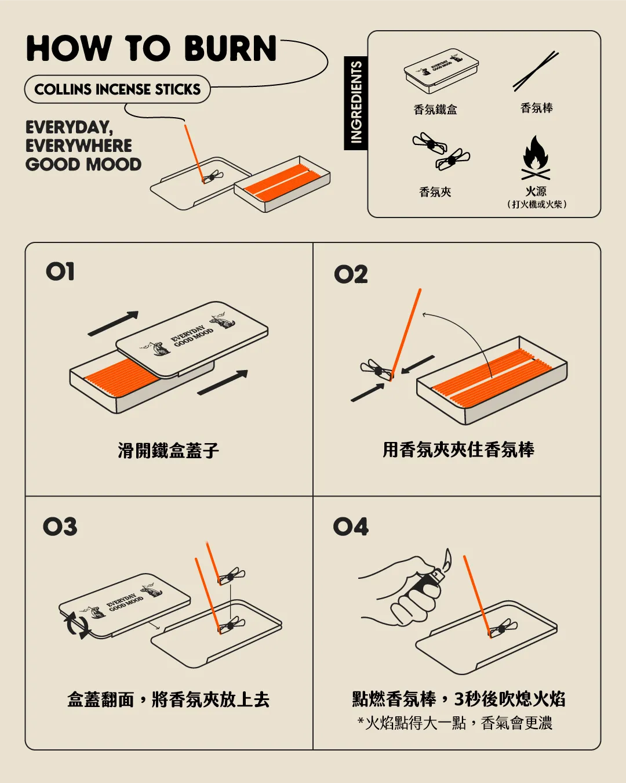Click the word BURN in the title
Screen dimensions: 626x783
tap(230, 48)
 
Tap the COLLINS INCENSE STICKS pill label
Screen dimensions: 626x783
tap(117, 89)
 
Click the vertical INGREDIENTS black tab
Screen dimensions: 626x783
tap(356, 103)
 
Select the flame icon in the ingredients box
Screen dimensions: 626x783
tap(536, 158)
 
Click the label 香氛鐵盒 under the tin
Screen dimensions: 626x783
tap(435, 109)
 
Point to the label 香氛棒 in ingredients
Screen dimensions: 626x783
tap(537, 108)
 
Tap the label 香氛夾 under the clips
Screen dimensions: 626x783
tap(435, 191)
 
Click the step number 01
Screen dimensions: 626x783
tap(60, 271)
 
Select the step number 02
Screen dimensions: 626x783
tap(351, 274)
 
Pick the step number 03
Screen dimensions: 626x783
tap(60, 526)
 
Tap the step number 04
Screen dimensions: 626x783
tap(351, 526)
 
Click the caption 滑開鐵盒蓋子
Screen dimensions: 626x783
tap(169, 451)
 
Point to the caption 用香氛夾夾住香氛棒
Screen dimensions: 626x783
tap(458, 449)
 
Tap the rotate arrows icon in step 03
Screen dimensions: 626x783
tap(77, 625)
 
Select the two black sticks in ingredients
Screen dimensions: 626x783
tap(536, 71)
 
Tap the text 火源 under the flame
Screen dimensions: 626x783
tap(536, 191)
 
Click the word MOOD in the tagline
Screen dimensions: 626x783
tap(113, 165)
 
